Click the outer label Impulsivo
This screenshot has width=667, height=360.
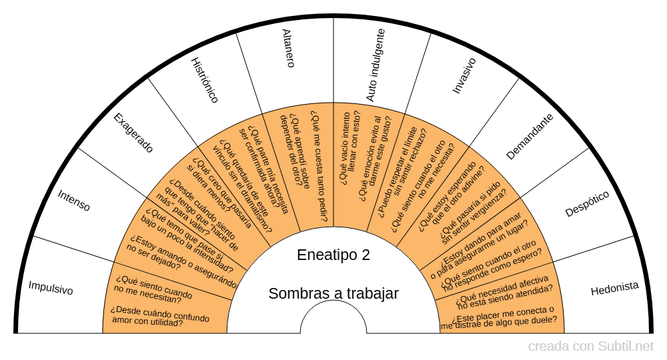pos(51,288)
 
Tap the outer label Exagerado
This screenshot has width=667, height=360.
pos(133,133)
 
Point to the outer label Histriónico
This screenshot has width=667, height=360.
pos(205,80)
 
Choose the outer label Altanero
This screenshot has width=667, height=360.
pos(287,48)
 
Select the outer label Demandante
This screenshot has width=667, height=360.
pos(530,137)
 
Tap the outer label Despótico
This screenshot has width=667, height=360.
pos(587,204)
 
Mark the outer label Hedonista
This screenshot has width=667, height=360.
pos(614,288)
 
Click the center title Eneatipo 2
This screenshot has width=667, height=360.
pos(333,255)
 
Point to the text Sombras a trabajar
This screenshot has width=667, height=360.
pos(333,293)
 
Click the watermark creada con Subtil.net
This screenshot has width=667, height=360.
pos(590,347)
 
